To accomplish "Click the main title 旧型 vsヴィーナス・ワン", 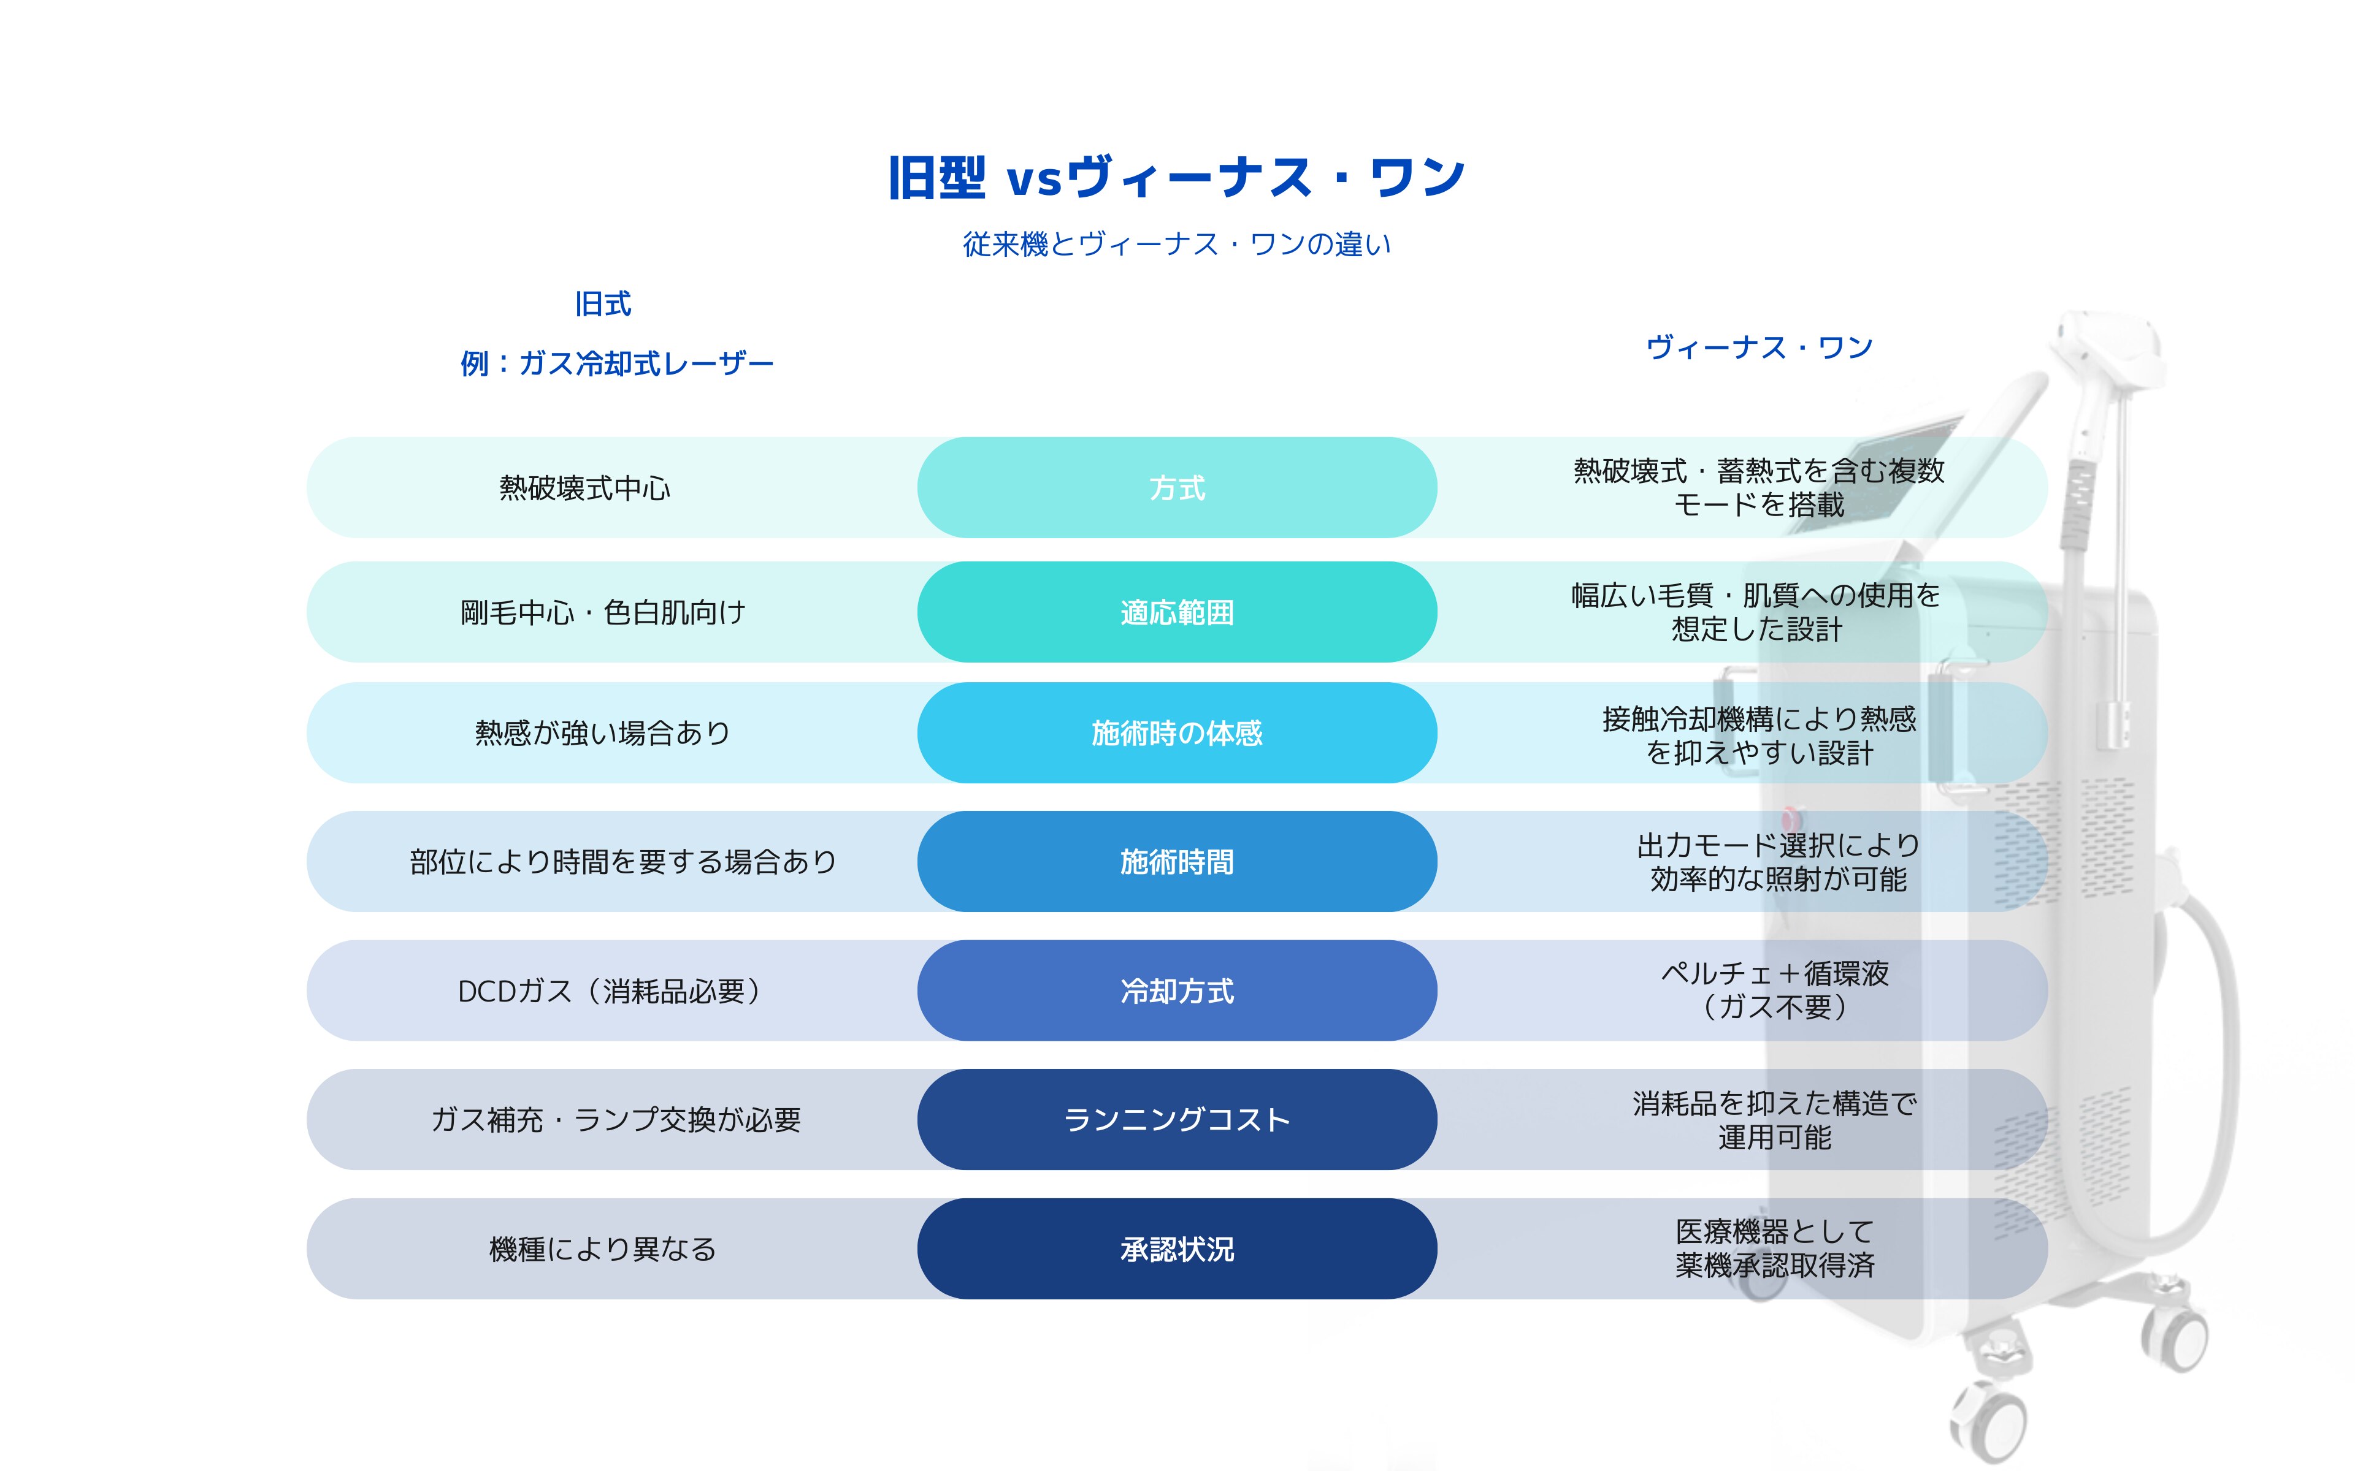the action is click(1176, 178).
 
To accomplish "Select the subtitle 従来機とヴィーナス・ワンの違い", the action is click(1176, 244).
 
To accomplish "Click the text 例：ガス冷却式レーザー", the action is click(617, 364).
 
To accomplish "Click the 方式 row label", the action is click(1176, 487).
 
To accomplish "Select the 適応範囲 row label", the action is click(1176, 612).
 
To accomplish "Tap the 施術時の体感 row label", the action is click(1176, 732).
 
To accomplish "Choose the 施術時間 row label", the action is click(1176, 861).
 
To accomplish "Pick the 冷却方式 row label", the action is click(1176, 990).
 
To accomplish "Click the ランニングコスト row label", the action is click(1176, 1120).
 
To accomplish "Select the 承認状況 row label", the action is click(1176, 1249).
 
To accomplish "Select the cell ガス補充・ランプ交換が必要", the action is click(616, 1120).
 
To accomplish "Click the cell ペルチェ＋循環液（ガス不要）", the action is click(1775, 989).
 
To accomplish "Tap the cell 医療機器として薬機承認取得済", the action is click(1775, 1249).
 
